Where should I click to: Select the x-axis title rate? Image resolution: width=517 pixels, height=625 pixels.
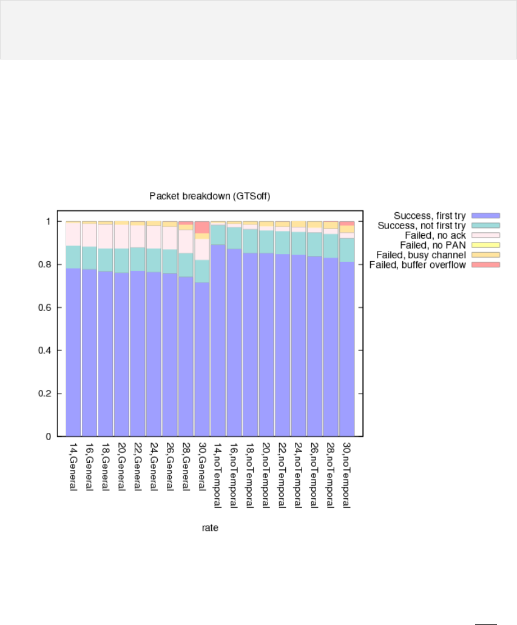(x=210, y=529)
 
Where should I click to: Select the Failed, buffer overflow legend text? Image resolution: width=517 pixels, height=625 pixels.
(x=418, y=265)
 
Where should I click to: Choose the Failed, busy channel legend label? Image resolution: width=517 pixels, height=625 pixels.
(x=422, y=255)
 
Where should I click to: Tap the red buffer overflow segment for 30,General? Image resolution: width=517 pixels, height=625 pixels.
(x=202, y=227)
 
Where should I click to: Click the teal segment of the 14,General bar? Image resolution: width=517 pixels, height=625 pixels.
(x=73, y=257)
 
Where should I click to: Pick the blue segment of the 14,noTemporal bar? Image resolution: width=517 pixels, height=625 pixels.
(x=218, y=339)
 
